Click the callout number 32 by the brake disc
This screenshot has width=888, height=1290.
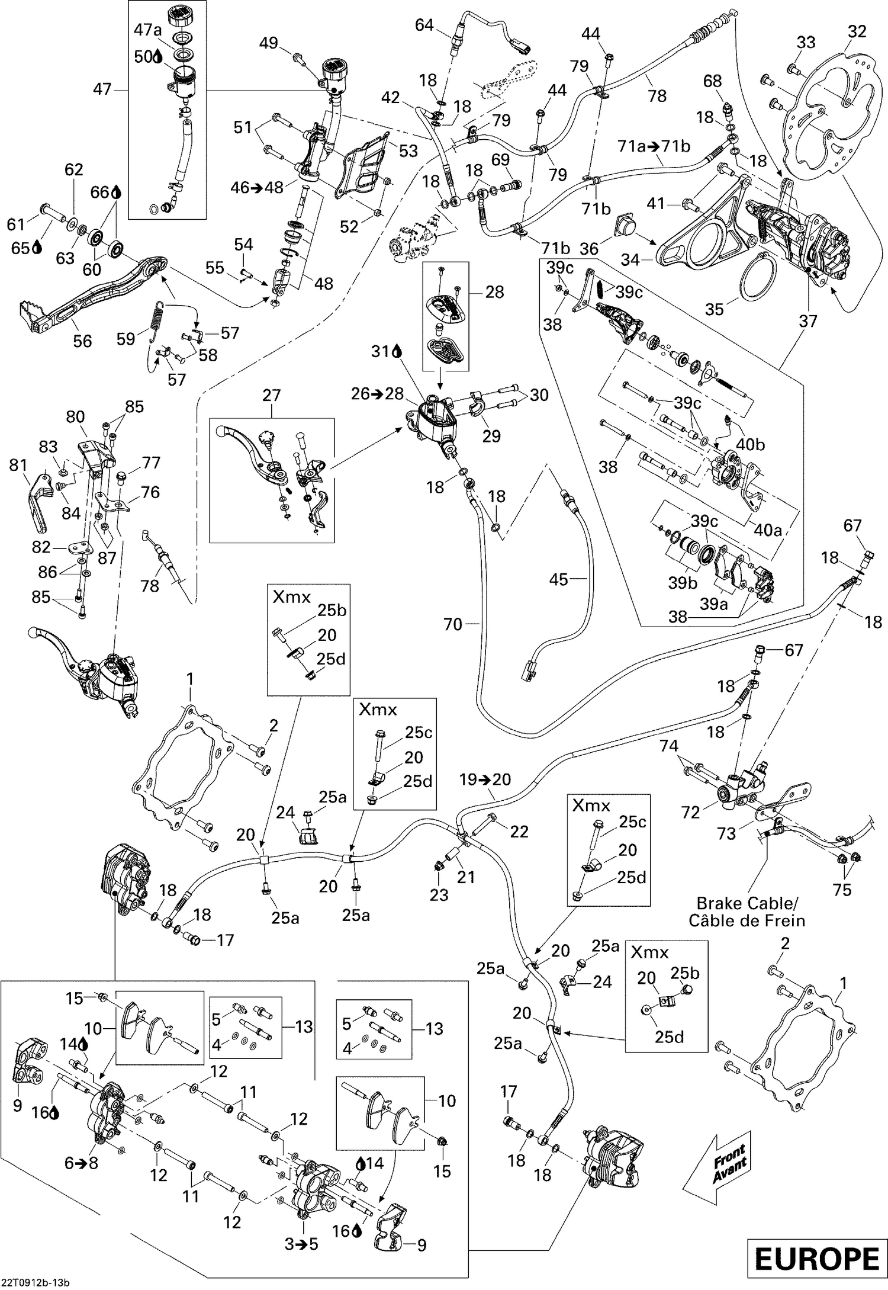(x=857, y=31)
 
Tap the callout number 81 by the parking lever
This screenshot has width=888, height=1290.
(x=18, y=465)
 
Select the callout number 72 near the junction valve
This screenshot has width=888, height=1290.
(x=690, y=812)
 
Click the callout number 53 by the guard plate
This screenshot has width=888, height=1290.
(x=408, y=151)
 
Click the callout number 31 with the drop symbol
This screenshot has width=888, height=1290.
(x=381, y=352)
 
